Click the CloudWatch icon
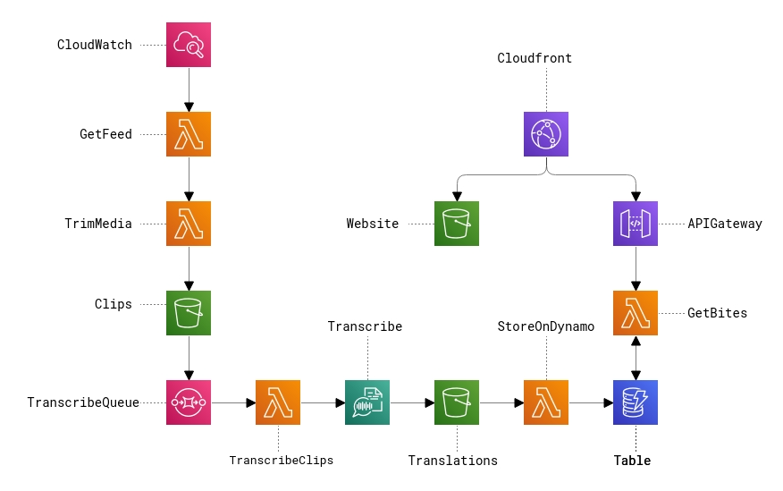pyautogui.click(x=189, y=45)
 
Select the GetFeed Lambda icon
pyautogui.click(x=189, y=134)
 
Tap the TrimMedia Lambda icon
pyautogui.click(x=189, y=224)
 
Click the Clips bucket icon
pyautogui.click(x=189, y=313)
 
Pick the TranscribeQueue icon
pyautogui.click(x=189, y=402)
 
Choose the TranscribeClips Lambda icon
pyautogui.click(x=278, y=402)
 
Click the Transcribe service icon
pyautogui.click(x=367, y=402)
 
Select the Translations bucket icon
pyautogui.click(x=457, y=402)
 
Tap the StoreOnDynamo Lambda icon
pyautogui.click(x=546, y=402)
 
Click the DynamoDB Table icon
pyautogui.click(x=636, y=402)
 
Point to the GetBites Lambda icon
pyautogui.click(x=636, y=313)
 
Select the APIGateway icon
pyautogui.click(x=636, y=224)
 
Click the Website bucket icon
pyautogui.click(x=457, y=224)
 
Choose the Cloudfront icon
pyautogui.click(x=546, y=134)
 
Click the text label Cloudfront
pyautogui.click(x=535, y=58)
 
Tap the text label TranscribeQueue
pyautogui.click(x=83, y=402)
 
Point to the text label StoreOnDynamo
pyautogui.click(x=545, y=326)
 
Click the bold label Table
pyautogui.click(x=632, y=461)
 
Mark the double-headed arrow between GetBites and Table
pyautogui.click(x=636, y=358)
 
